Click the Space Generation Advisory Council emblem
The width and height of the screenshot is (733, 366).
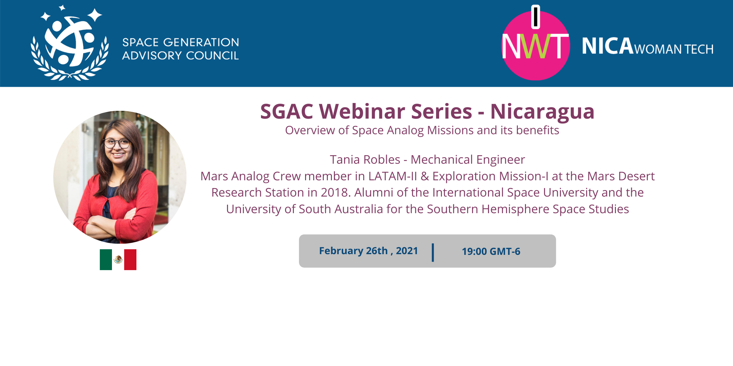pyautogui.click(x=70, y=43)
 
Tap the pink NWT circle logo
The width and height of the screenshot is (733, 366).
pyautogui.click(x=535, y=46)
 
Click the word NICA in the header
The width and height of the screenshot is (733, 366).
pyautogui.click(x=608, y=46)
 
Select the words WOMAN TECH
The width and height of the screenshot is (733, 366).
pyautogui.click(x=674, y=49)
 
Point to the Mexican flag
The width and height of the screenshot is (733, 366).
pyautogui.click(x=118, y=260)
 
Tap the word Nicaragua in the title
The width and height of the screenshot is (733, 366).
pyautogui.click(x=542, y=112)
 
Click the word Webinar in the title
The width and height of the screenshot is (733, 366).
pyautogui.click(x=396, y=111)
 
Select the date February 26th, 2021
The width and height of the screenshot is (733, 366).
pyautogui.click(x=369, y=251)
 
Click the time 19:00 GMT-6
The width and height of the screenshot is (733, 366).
pyautogui.click(x=491, y=251)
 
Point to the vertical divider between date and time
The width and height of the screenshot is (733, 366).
pyautogui.click(x=433, y=252)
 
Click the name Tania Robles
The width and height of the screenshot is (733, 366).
pyautogui.click(x=365, y=160)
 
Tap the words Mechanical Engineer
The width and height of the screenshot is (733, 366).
pyautogui.click(x=468, y=160)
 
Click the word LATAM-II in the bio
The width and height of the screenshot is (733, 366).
pyautogui.click(x=393, y=176)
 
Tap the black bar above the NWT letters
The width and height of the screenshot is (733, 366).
pyautogui.click(x=535, y=17)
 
